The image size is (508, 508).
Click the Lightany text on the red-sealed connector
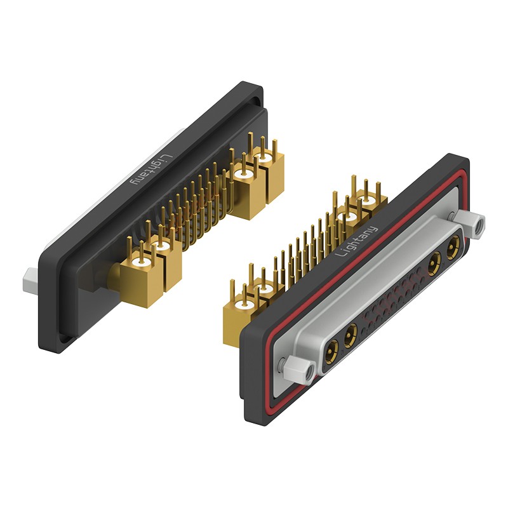[356, 241]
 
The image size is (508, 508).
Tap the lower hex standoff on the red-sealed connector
[299, 370]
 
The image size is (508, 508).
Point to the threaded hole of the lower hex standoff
[309, 372]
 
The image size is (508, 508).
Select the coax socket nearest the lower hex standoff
[331, 351]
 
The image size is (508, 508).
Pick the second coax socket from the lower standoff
[350, 336]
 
